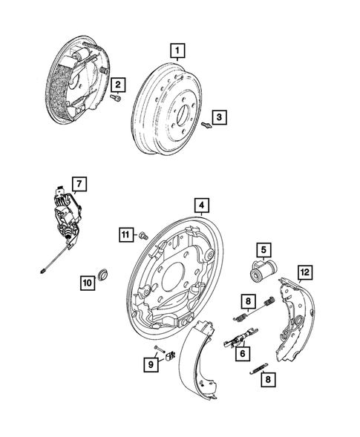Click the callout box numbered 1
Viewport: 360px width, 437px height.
pyautogui.click(x=177, y=51)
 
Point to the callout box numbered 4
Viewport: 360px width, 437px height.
pyautogui.click(x=200, y=205)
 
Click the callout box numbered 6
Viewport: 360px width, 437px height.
pyautogui.click(x=241, y=355)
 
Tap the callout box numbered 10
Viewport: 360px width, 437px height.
pyautogui.click(x=88, y=281)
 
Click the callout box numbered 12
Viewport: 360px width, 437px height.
pyautogui.click(x=304, y=272)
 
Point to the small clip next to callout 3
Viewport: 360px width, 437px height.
pyautogui.click(x=207, y=125)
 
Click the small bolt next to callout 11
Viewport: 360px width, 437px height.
pyautogui.click(x=143, y=235)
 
